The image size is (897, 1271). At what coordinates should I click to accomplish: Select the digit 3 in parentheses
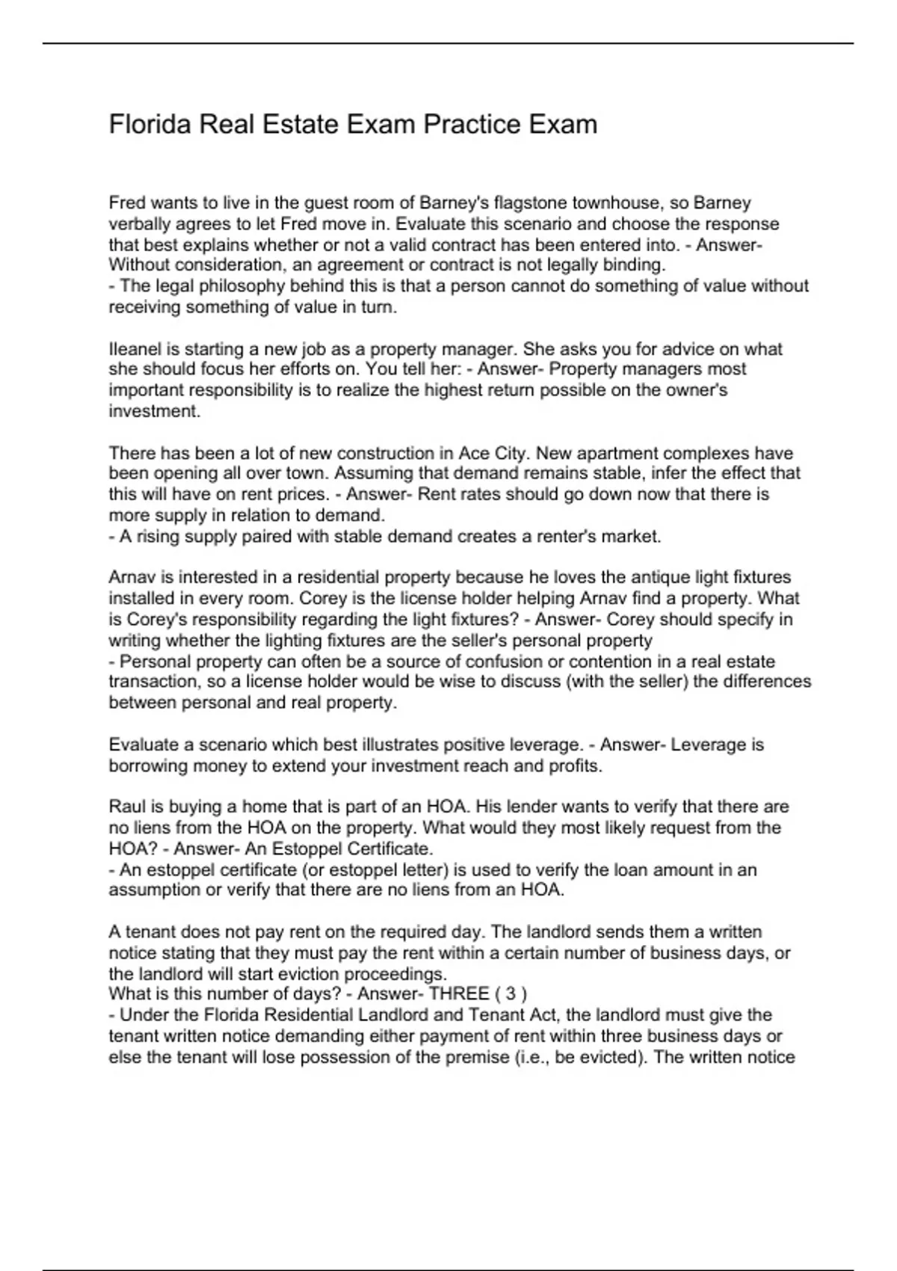coord(511,994)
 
